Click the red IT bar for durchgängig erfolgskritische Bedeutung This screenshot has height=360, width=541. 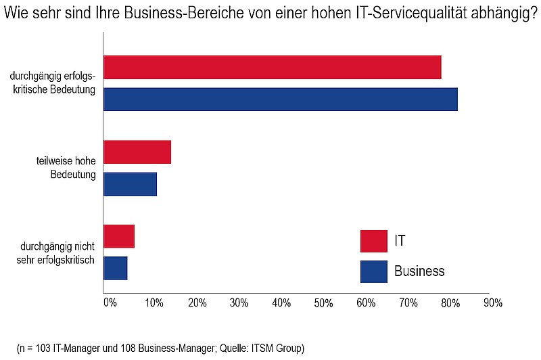tap(273, 67)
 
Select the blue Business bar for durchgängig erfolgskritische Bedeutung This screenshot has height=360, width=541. tap(281, 99)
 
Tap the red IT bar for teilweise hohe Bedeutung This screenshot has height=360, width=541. tap(137, 152)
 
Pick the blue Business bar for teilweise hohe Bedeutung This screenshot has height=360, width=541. tap(130, 184)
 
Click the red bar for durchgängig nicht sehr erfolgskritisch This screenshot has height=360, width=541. tap(119, 236)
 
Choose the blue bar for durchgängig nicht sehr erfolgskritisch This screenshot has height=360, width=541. tap(115, 268)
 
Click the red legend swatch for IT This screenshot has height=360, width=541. tap(374, 241)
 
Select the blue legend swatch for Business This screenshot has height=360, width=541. tap(374, 271)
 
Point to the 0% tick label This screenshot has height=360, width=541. tap(110, 302)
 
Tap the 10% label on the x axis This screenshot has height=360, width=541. tap(154, 302)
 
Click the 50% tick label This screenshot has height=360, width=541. tap(323, 303)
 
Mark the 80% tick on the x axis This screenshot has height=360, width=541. tap(450, 303)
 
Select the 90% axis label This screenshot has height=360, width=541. tap(493, 302)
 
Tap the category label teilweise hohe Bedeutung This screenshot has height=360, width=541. tap(66, 167)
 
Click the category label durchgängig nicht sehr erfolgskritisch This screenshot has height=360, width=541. tap(55, 253)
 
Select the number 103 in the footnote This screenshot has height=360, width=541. tap(43, 348)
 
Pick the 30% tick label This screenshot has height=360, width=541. tap(239, 302)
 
